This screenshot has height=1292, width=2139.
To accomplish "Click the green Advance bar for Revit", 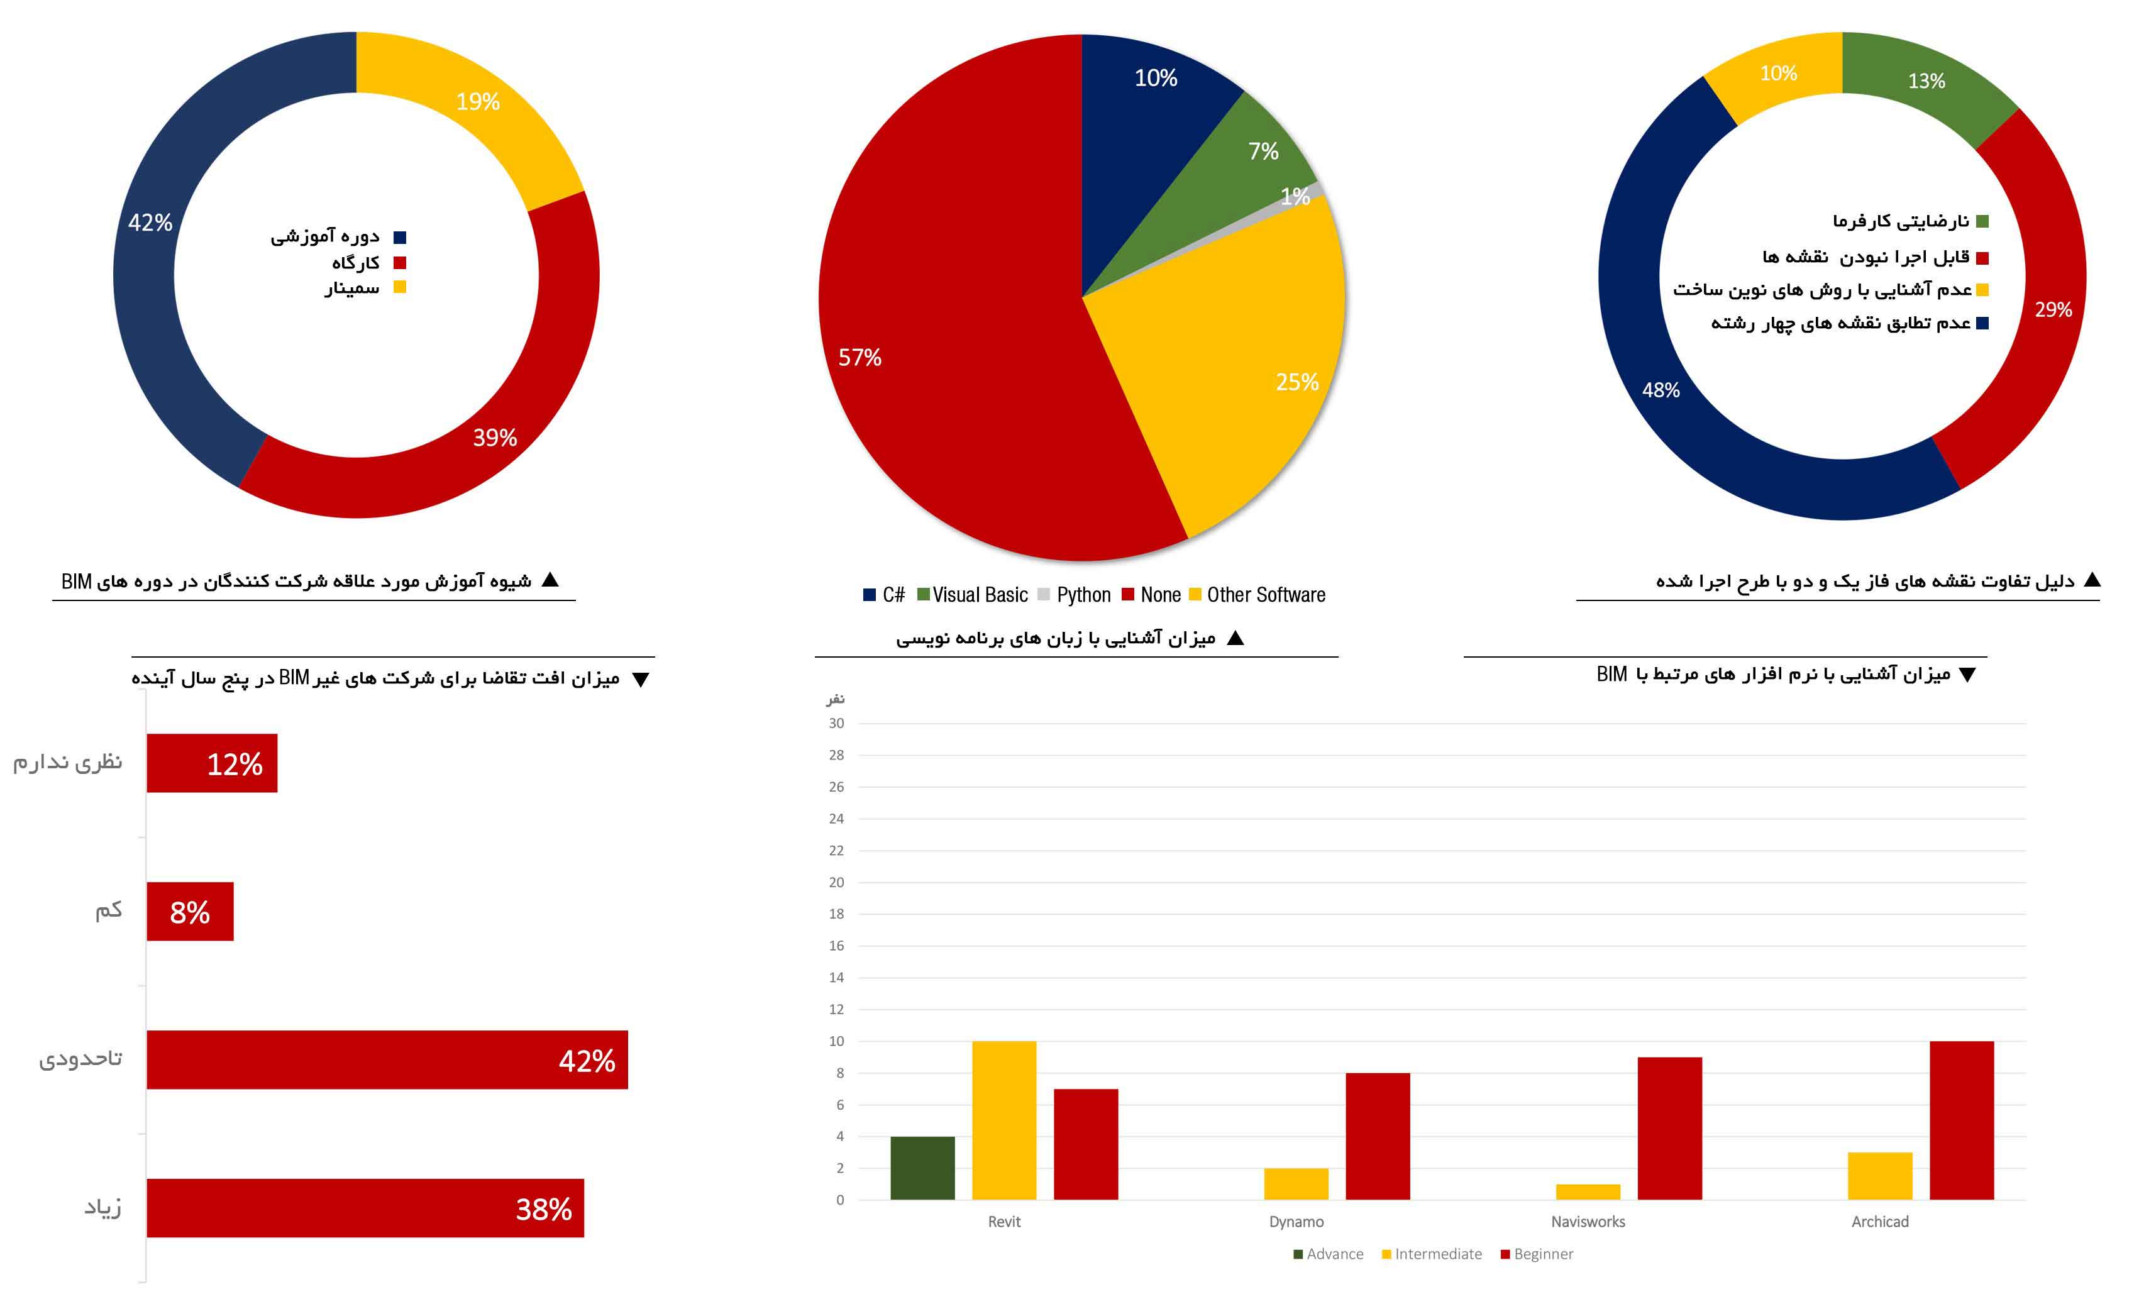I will tap(922, 1168).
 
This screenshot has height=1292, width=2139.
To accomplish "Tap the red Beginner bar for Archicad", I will tap(1961, 1120).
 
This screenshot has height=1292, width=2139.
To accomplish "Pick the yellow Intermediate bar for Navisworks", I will tap(1587, 1192).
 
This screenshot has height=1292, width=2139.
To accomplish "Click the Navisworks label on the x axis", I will tap(1588, 1222).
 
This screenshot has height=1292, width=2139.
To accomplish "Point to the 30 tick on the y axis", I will tap(836, 723).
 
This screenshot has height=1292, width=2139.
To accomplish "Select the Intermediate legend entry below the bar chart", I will tap(1432, 1254).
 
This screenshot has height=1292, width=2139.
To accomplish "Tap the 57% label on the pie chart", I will tap(859, 358).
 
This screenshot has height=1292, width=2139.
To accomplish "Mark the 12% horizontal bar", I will tap(211, 763).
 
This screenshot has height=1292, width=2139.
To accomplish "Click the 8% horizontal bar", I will tap(189, 912).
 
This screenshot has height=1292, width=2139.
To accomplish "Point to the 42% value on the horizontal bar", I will tap(587, 1060).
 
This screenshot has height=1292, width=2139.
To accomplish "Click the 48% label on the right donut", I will tap(1661, 390).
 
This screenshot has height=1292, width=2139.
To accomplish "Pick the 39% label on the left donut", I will tap(495, 438).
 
